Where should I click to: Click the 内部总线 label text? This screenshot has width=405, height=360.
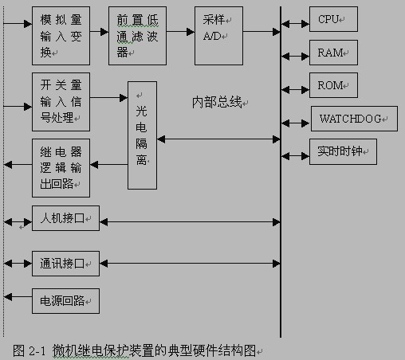click(x=217, y=102)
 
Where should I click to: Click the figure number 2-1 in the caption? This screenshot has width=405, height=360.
click(x=37, y=351)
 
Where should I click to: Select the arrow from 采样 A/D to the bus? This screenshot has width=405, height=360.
click(x=261, y=32)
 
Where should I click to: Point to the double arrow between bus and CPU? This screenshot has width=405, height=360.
click(x=295, y=24)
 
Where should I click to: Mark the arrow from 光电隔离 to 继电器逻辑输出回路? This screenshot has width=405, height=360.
click(x=109, y=165)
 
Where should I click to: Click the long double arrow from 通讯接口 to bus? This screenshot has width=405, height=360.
click(x=190, y=264)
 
